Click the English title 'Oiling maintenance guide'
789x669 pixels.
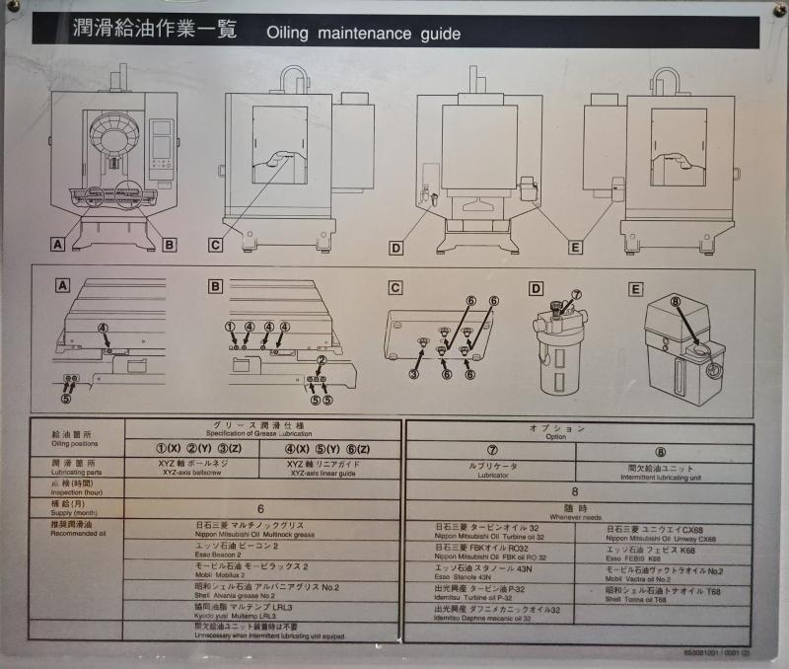tap(363, 34)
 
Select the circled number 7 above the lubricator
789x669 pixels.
tap(577, 294)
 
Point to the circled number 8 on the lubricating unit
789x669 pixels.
tap(677, 302)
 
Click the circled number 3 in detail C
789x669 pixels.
tap(415, 374)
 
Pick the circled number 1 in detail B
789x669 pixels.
tap(231, 326)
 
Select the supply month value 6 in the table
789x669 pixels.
tap(260, 508)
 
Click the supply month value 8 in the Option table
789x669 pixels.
tap(575, 490)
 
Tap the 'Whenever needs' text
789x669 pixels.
tap(575, 516)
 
